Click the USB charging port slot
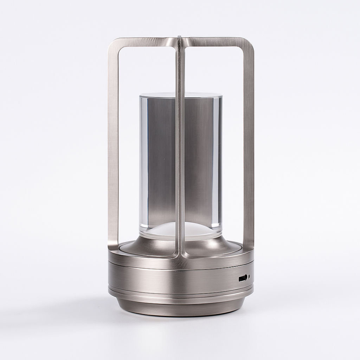[x=243, y=278]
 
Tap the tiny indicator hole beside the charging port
[x=249, y=277]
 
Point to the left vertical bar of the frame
[x=113, y=148]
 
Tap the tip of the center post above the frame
[x=180, y=37]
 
